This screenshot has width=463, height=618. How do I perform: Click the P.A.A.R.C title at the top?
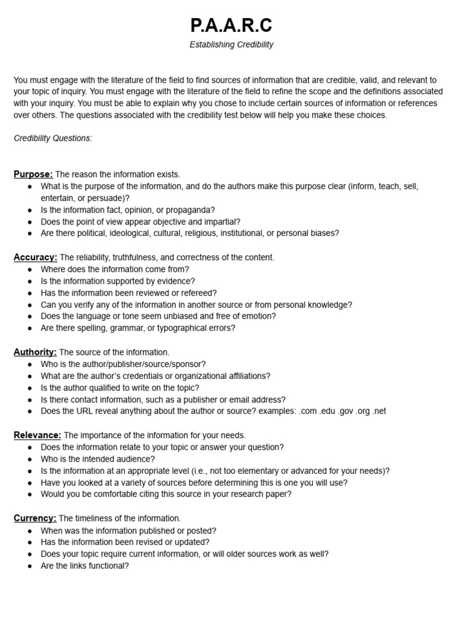point(231,25)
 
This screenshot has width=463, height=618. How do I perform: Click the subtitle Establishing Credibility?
point(231,45)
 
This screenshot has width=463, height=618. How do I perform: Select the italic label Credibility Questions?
point(53,138)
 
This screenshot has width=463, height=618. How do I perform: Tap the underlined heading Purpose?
point(33,174)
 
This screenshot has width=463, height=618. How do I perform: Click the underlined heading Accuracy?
point(36,257)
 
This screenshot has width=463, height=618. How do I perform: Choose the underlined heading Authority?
point(35,352)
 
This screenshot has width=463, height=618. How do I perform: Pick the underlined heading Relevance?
point(37,435)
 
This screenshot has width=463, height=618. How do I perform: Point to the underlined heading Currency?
point(35,518)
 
